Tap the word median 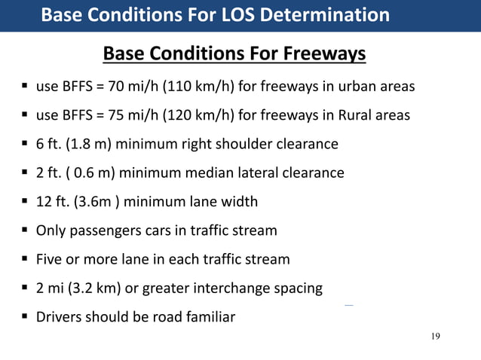[198, 172]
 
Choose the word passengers [103, 230]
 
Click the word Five [50, 259]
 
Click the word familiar [208, 316]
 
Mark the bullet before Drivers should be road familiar [25, 316]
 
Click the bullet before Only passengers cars [25, 230]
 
